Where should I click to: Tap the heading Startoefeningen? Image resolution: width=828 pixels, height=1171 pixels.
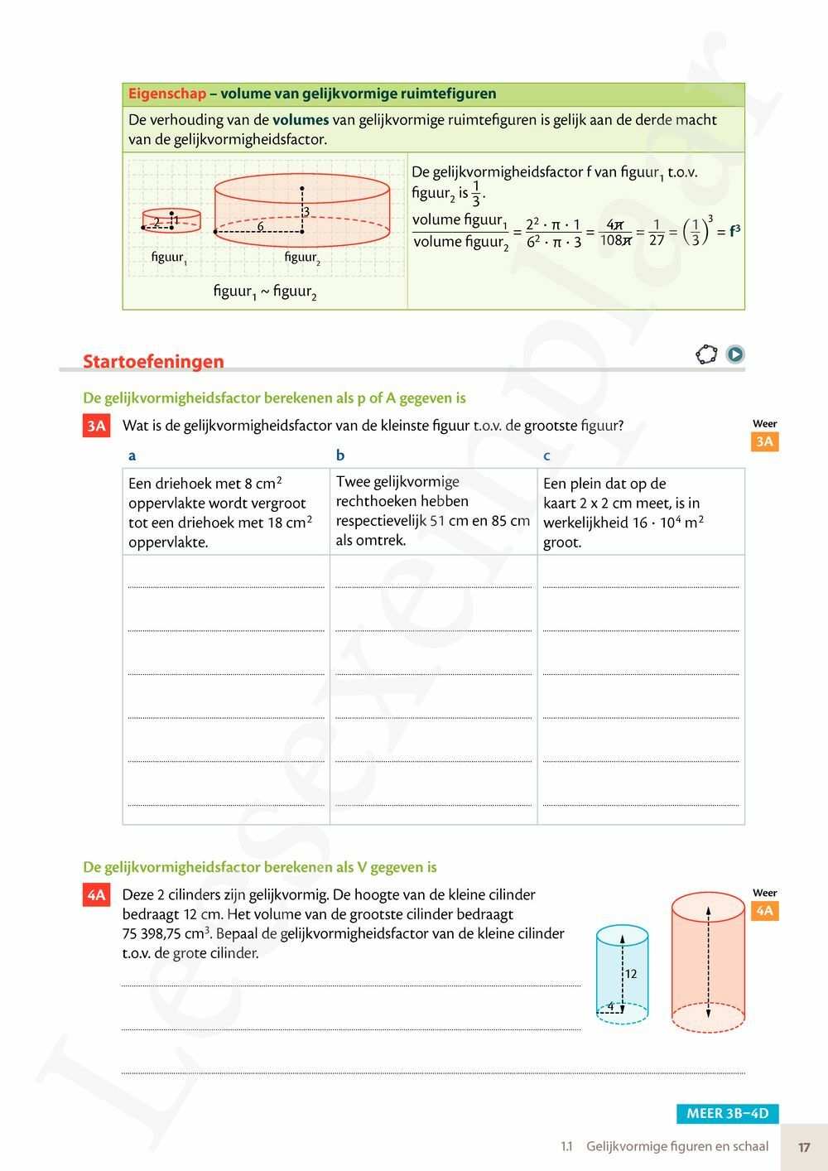(153, 361)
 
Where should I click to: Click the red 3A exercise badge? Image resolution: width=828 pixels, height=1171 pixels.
(96, 426)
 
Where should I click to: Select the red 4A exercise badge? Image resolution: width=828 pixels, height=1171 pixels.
(96, 894)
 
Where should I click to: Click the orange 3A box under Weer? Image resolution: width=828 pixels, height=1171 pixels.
(764, 441)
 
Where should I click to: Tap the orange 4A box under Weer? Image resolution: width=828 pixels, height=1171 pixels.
(764, 911)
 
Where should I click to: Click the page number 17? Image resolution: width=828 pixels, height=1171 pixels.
(804, 1147)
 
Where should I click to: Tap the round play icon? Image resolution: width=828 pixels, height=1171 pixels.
(735, 354)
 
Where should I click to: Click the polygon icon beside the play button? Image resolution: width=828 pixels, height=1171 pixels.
(706, 354)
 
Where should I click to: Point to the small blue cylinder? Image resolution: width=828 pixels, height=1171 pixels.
(622, 973)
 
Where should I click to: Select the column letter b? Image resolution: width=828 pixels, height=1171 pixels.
(340, 455)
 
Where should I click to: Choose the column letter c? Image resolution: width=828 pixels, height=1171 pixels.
(546, 455)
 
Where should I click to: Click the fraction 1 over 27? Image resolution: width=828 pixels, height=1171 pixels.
(656, 232)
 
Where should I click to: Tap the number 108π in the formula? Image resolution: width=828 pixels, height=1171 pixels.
(615, 240)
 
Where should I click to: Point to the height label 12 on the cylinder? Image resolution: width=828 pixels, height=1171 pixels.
(631, 974)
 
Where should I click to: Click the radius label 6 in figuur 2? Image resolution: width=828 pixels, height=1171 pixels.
(260, 226)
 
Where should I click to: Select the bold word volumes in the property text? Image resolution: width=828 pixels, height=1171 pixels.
(301, 120)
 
